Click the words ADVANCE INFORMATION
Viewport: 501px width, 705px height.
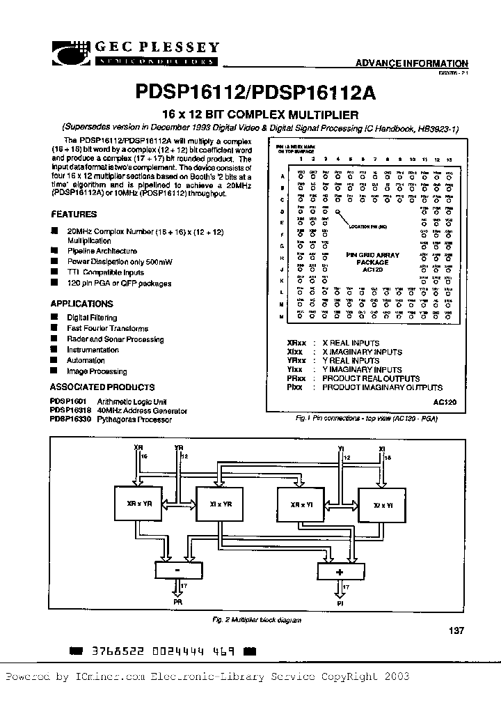412,63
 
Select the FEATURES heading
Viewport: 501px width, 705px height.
74,215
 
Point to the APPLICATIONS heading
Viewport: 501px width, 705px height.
81,304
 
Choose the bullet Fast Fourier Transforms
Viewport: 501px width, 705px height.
107,328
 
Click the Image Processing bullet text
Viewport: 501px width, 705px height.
97,371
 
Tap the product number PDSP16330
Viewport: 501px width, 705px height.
67,419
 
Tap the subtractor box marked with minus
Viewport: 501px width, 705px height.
177,570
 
